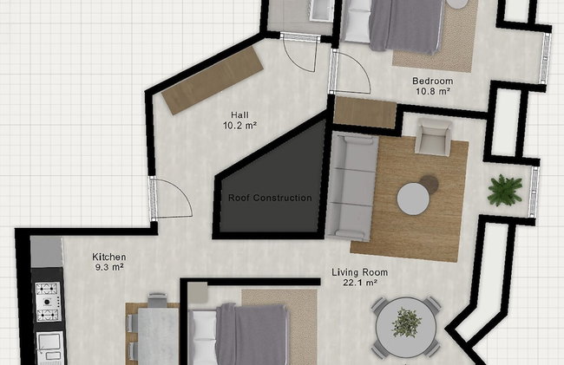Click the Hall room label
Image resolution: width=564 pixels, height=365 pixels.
(239, 115)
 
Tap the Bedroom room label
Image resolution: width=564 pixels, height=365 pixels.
(433, 81)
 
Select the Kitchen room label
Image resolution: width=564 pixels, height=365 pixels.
(109, 257)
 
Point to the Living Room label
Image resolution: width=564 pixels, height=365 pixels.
(360, 272)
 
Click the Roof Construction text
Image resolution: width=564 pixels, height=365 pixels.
(270, 198)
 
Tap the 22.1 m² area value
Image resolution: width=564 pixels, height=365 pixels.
(360, 283)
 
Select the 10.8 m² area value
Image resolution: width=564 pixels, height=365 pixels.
(433, 91)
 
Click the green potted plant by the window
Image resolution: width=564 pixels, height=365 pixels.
(505, 191)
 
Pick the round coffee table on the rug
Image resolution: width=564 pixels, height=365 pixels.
(413, 199)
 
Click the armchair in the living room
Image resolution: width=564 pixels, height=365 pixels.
(434, 137)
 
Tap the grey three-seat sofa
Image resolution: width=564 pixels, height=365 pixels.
(351, 186)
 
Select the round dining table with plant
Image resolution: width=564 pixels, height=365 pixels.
(406, 327)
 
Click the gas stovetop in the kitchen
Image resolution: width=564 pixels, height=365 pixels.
(48, 302)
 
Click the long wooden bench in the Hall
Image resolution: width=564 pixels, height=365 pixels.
(213, 81)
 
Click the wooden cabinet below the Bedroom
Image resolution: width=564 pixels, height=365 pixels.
(365, 113)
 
